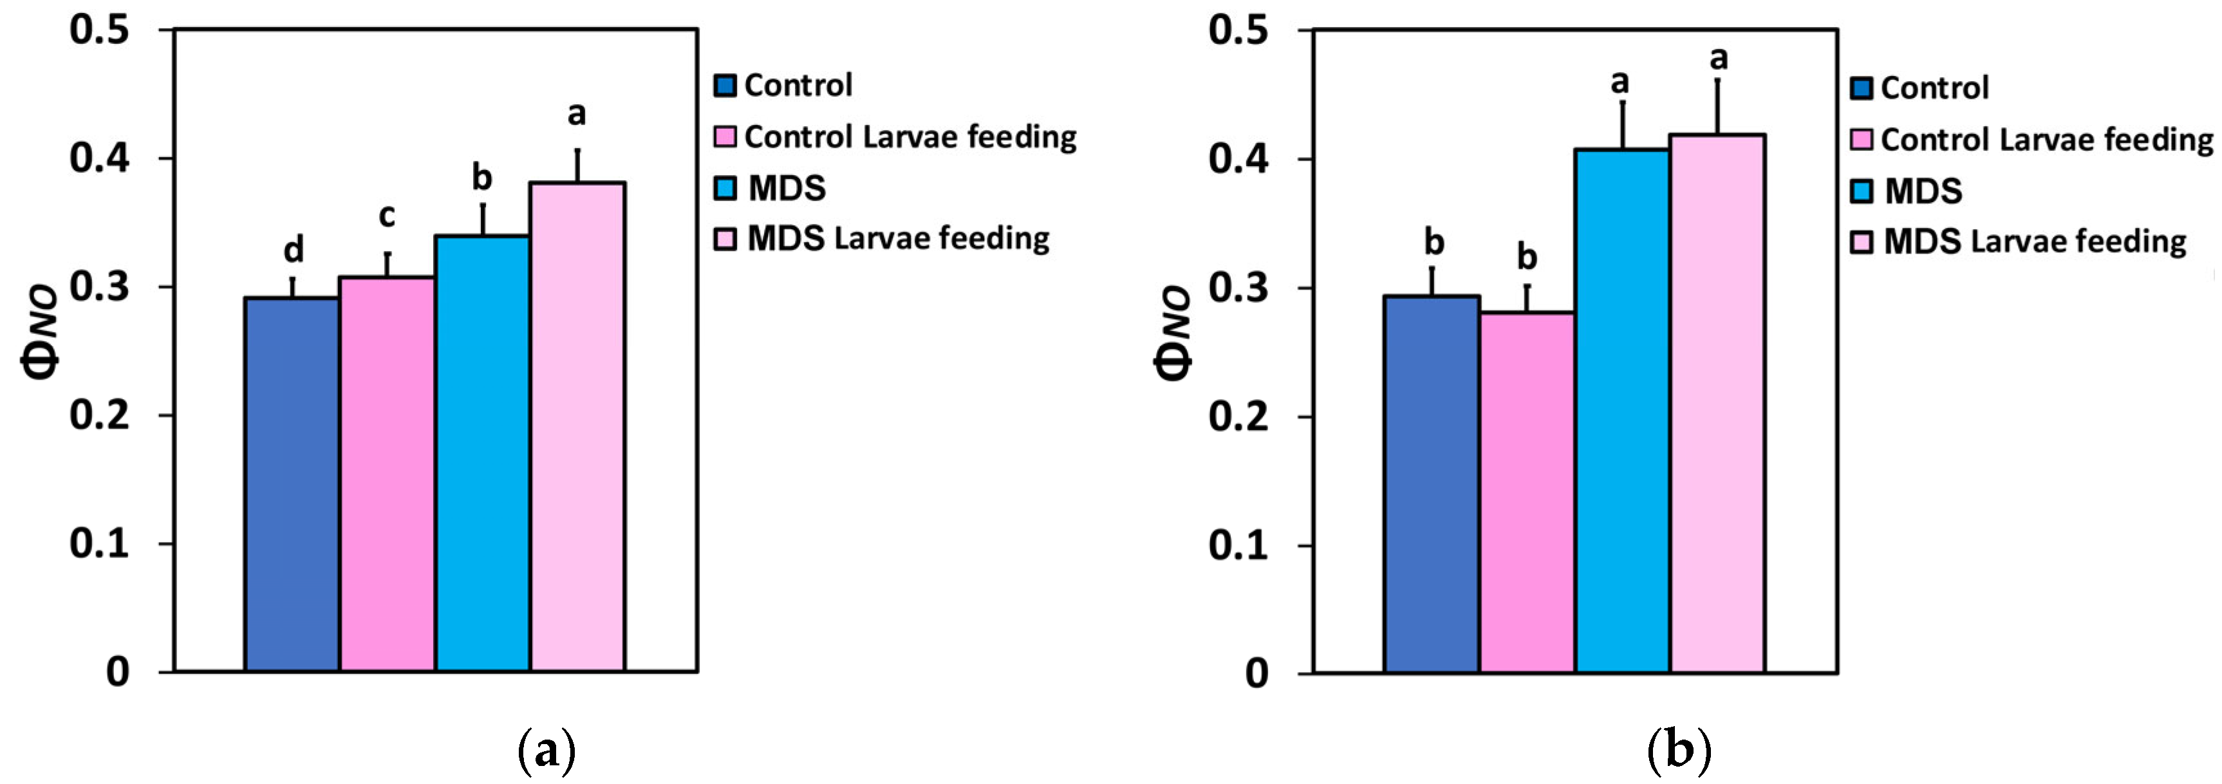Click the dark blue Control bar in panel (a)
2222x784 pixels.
click(x=292, y=483)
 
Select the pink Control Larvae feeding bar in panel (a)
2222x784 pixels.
click(x=386, y=474)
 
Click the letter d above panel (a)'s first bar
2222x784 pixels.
click(x=294, y=250)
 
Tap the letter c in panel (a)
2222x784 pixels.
click(x=386, y=216)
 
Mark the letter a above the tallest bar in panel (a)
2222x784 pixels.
click(x=576, y=113)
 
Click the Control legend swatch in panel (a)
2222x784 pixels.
click(x=725, y=86)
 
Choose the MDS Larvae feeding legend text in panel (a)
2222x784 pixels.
click(x=898, y=239)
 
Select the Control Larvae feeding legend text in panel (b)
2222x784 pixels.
click(x=2046, y=140)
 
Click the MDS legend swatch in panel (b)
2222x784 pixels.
click(x=1862, y=191)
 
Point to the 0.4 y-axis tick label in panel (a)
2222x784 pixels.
click(x=99, y=159)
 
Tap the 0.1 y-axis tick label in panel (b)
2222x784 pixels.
click(x=1238, y=545)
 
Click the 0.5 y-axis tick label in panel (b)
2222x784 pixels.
click(x=1238, y=30)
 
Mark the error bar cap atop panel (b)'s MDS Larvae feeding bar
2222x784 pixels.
click(x=1717, y=79)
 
